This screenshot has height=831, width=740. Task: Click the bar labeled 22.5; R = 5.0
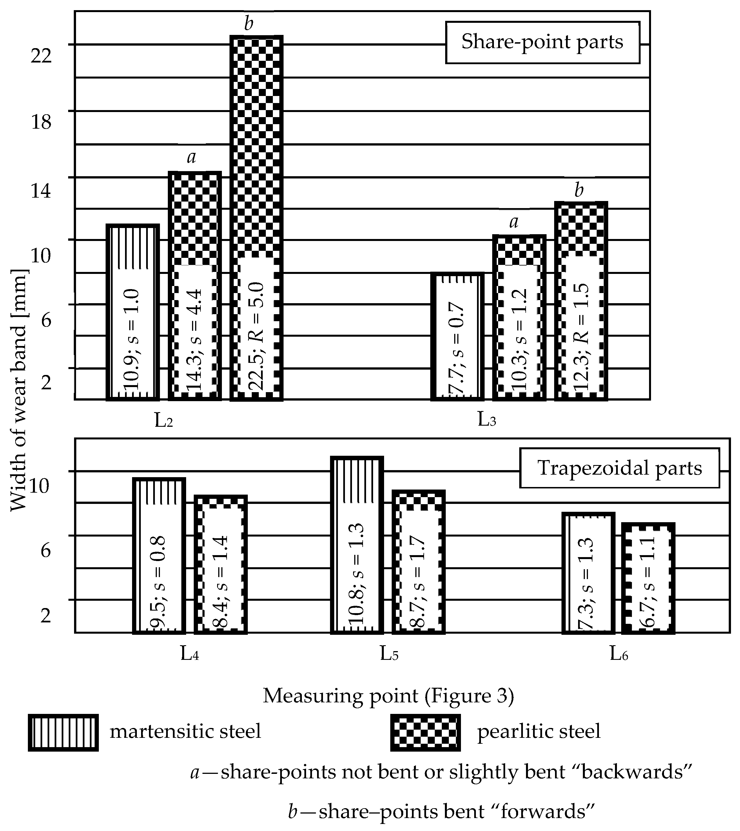coord(256,218)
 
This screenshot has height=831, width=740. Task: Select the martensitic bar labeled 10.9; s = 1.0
coord(133,312)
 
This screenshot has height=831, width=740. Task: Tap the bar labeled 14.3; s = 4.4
coord(195,285)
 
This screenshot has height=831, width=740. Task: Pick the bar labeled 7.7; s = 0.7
coord(457,336)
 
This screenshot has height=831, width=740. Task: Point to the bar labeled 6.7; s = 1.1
coord(648,578)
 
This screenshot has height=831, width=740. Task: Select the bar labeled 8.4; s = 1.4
coord(221,564)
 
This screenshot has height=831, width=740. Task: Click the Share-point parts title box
coord(542,42)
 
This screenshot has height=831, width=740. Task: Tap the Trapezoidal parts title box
coord(619,468)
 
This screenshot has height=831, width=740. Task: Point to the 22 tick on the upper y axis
coord(41,56)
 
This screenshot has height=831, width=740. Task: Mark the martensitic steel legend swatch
coord(63,732)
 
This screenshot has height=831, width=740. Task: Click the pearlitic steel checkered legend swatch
coord(425,732)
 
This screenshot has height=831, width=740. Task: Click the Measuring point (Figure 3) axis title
coord(388,696)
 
